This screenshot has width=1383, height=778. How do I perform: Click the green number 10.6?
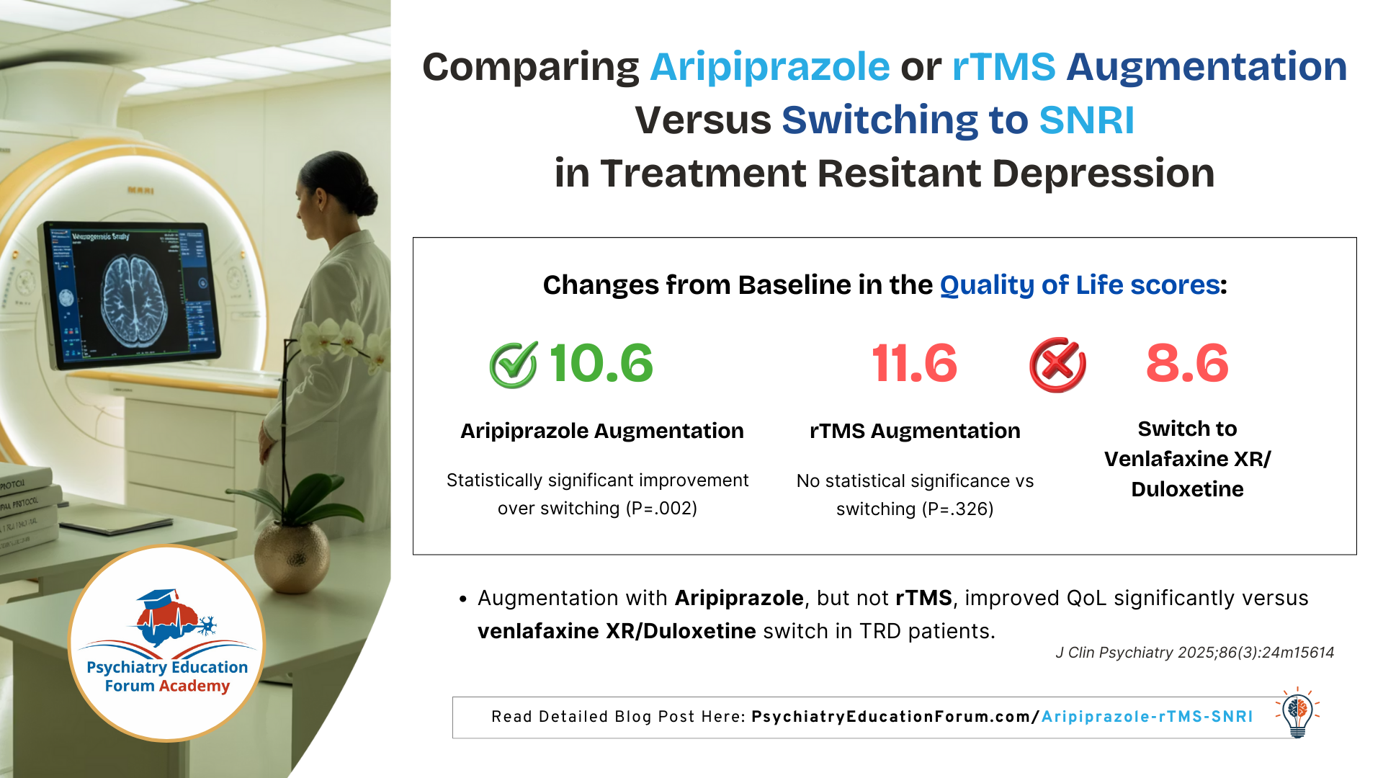(601, 363)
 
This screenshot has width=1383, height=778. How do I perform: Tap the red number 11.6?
(914, 363)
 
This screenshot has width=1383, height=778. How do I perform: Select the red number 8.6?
(1187, 363)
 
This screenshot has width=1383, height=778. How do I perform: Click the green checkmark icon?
(514, 365)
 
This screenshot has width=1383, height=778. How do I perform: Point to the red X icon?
(1057, 365)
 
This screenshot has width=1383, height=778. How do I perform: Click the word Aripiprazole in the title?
(769, 67)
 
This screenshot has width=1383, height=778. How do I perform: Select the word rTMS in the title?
(1003, 67)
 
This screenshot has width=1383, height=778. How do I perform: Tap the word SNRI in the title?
(1086, 120)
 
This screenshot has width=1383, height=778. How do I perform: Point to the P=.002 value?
(661, 509)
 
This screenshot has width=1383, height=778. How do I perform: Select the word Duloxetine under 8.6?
(1187, 489)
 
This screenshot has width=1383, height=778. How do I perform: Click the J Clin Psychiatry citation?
(1194, 653)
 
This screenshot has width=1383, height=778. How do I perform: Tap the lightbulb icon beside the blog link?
(1297, 712)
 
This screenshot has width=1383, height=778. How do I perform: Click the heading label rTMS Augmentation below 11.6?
(915, 431)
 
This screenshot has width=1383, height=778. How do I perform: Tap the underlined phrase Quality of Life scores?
(1080, 285)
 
